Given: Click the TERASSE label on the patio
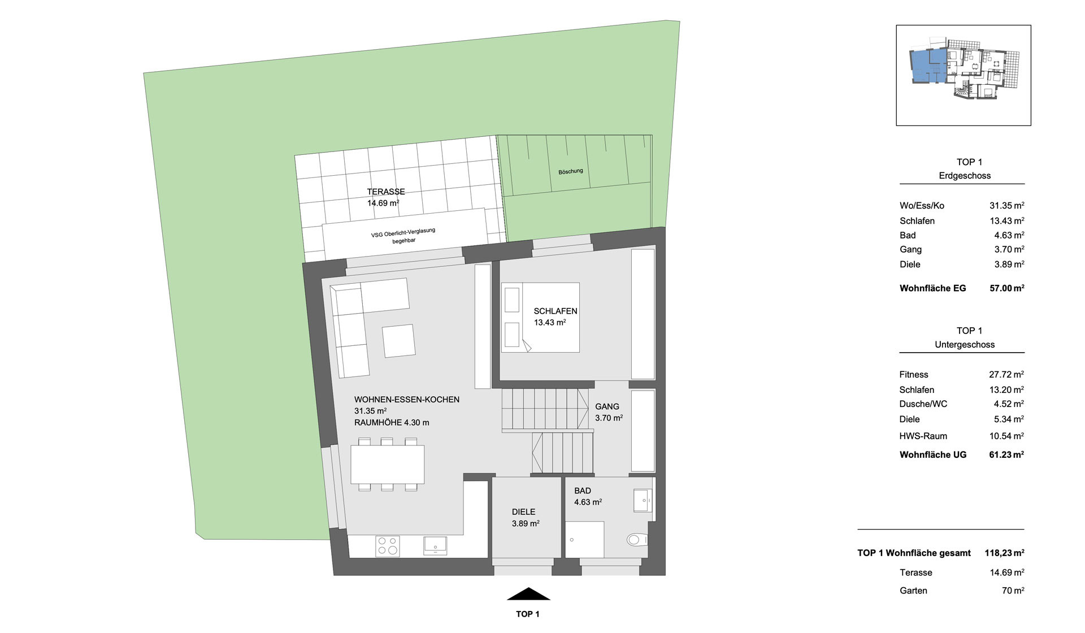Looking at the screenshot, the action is (x=386, y=192).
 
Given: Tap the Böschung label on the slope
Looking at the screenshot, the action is (x=570, y=171).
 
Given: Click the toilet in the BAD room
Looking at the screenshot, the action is (x=637, y=540).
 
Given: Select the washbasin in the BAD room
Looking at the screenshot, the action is (x=643, y=500).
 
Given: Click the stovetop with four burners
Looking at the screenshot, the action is (x=388, y=546).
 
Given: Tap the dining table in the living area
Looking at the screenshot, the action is (x=387, y=464).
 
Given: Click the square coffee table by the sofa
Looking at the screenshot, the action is (x=398, y=341).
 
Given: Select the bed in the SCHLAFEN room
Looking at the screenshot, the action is (x=540, y=317).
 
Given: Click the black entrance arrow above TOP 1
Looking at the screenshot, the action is (x=528, y=593).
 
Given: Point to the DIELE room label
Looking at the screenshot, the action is (x=524, y=512).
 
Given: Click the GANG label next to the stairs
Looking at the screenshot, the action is (x=607, y=406).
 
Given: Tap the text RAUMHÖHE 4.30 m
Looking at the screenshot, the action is (x=392, y=423).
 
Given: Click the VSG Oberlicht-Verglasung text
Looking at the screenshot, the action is (x=403, y=232).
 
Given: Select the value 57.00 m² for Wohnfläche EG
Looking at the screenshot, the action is (x=1007, y=288).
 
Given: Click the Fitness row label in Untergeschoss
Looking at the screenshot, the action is (x=914, y=375).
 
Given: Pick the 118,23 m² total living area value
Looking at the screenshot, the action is (x=1004, y=553).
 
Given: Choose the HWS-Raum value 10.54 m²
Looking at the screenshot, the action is (x=1007, y=436).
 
